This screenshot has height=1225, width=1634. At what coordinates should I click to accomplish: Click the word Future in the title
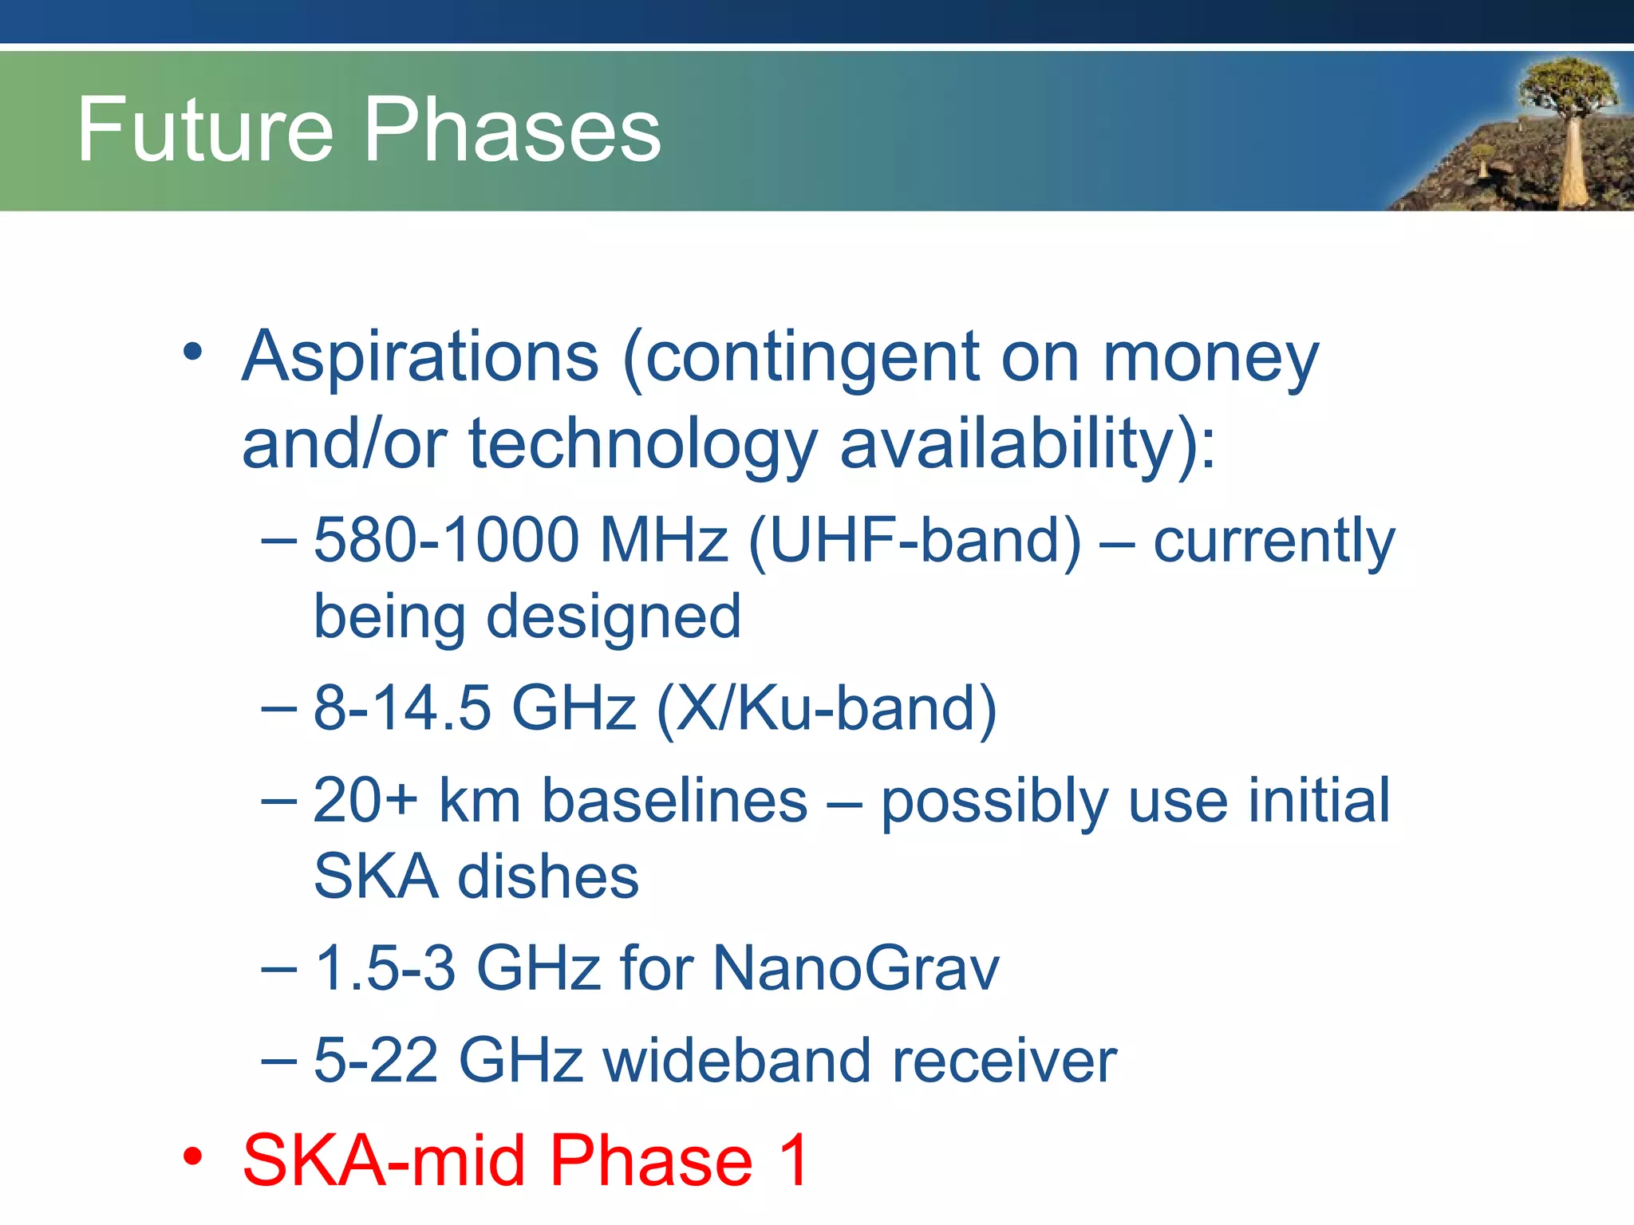point(204,131)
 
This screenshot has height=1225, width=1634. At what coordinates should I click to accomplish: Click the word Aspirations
point(420,356)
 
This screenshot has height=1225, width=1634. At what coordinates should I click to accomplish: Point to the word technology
point(642,445)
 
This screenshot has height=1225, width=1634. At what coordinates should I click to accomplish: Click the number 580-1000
point(446,540)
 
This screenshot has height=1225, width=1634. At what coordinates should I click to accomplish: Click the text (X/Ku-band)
point(827,708)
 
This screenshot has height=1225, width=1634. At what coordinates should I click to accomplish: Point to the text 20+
point(365,800)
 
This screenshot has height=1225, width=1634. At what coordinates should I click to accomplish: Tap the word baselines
point(674,800)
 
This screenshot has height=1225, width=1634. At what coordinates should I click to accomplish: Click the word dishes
point(547,876)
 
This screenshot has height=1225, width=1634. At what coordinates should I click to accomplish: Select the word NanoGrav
point(855,968)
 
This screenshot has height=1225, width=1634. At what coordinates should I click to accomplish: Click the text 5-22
point(376,1061)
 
